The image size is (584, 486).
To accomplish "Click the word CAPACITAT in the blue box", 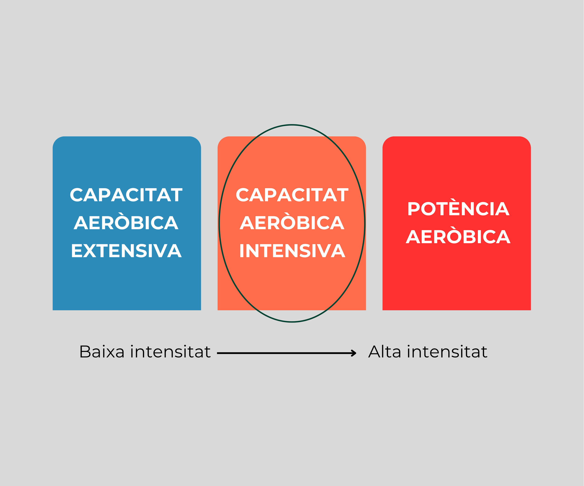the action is click(126, 195).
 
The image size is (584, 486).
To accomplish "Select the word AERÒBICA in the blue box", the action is click(126, 223).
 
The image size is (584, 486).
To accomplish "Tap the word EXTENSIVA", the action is click(126, 251).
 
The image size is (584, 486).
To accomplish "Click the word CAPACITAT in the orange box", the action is click(292, 195).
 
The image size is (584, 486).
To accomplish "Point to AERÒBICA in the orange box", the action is click(292, 223).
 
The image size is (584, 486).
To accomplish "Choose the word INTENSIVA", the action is click(292, 251).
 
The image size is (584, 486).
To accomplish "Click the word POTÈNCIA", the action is click(458, 209).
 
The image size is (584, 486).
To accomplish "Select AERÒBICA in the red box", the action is click(458, 237).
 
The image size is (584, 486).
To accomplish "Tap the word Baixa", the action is click(102, 352).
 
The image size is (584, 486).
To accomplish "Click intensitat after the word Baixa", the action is click(171, 352).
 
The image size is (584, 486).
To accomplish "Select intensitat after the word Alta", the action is click(447, 352).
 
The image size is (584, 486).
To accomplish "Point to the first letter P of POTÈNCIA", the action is click(414, 209).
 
